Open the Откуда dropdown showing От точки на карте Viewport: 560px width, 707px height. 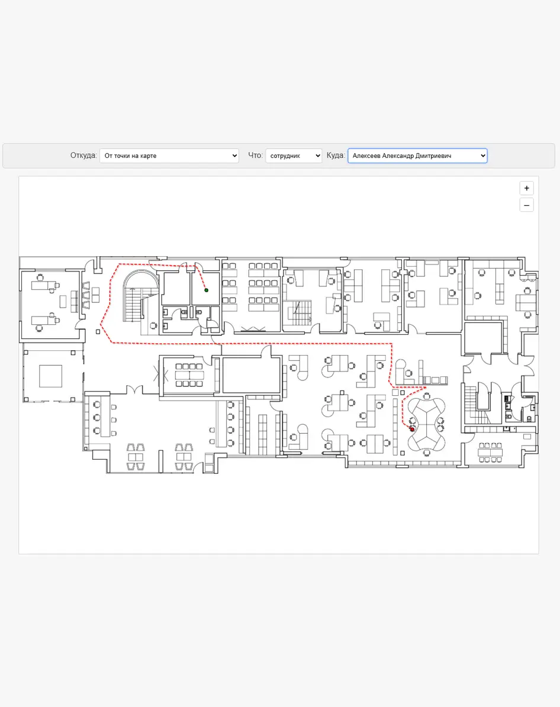[169, 156]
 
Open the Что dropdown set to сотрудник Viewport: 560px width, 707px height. [293, 156]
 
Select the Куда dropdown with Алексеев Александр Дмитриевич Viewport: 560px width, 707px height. [417, 156]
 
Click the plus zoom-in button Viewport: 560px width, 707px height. [527, 188]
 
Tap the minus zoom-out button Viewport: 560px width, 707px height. [527, 205]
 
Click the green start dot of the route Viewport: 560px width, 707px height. [206, 290]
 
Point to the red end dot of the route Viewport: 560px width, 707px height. [412, 430]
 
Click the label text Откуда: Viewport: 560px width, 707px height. [83, 156]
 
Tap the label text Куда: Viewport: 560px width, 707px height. [336, 156]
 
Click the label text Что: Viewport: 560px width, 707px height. [255, 156]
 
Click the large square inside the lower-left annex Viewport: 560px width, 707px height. [50, 376]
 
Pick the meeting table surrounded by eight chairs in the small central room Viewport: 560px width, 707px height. [189, 375]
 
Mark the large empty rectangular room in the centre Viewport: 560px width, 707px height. [252, 376]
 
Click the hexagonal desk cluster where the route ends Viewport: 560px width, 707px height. [426, 424]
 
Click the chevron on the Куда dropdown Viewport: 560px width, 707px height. [483, 156]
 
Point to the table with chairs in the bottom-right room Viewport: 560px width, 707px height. [490, 453]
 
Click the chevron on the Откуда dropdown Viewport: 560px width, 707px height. [234, 156]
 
